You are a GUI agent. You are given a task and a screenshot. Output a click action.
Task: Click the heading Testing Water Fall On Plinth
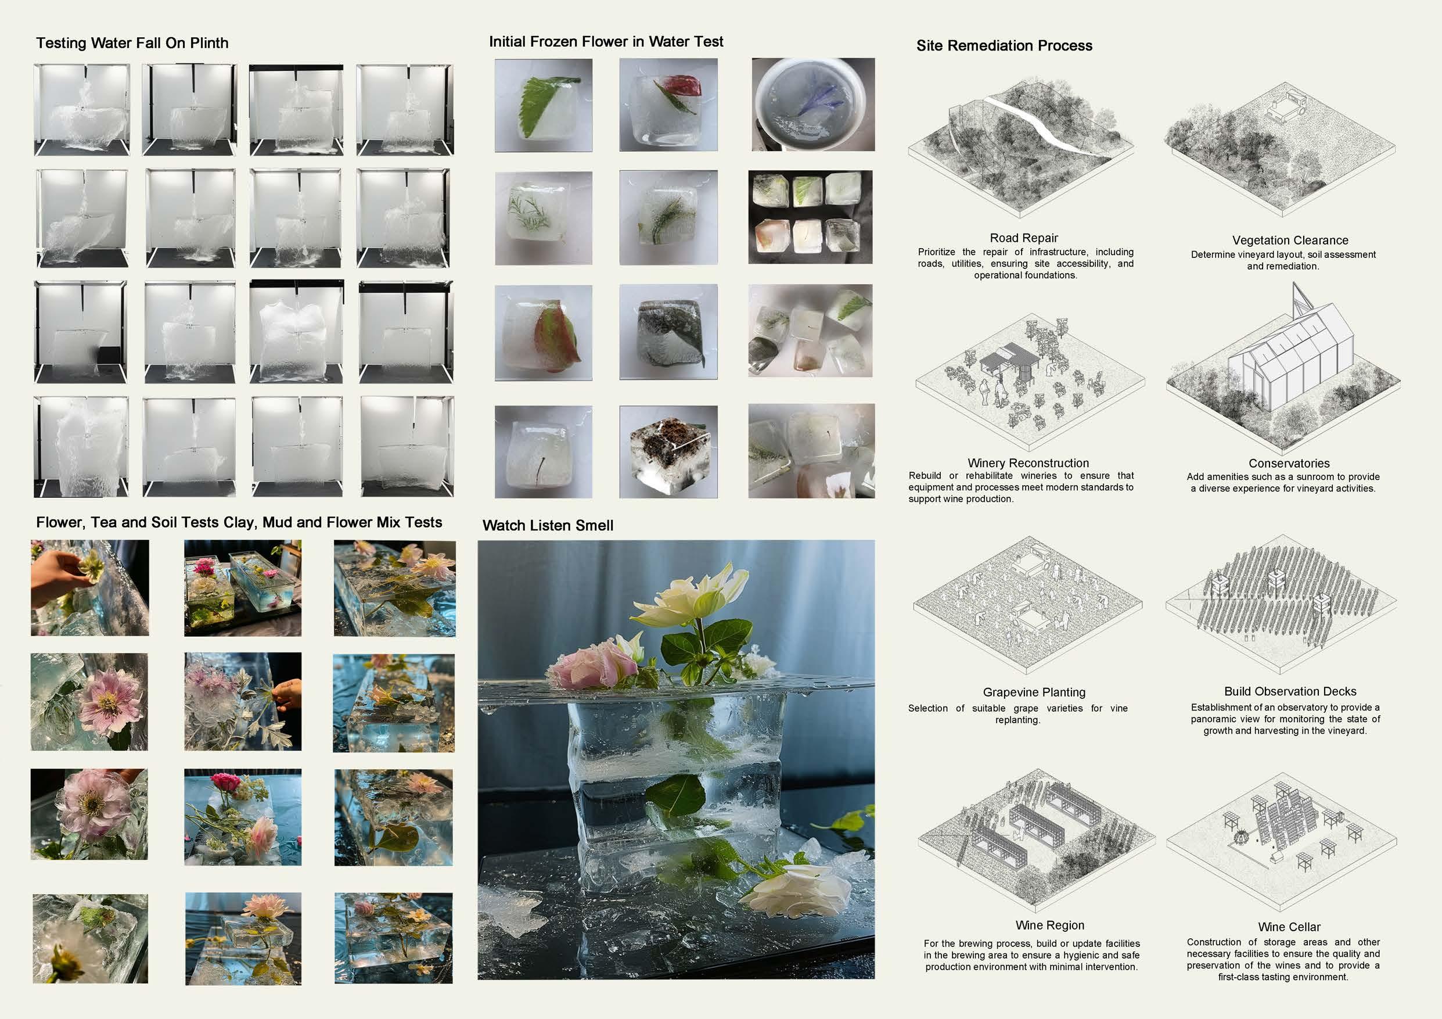coord(132,44)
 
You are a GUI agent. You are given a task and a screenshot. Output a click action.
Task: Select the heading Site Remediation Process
coord(1004,46)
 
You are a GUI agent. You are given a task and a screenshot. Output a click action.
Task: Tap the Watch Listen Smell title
coord(548,526)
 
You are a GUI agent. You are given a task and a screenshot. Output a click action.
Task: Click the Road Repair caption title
coord(1024,238)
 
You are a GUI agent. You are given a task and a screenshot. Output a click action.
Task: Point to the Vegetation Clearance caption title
coord(1290,241)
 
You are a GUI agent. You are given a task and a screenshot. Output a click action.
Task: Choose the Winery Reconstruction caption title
coord(1028,463)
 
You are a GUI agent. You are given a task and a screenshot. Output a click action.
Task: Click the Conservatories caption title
coord(1289,464)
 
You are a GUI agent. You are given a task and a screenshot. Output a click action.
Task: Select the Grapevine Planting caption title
coord(1034,693)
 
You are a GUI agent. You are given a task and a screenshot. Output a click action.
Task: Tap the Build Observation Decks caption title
coord(1290,692)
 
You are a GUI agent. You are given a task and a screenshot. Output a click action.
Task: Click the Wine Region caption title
coord(1049,925)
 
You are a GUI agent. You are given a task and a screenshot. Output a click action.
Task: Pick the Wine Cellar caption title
coord(1289,927)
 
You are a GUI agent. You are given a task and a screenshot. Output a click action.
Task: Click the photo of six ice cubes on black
coord(810,217)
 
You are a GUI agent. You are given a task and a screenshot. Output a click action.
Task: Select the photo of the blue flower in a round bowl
coord(812,105)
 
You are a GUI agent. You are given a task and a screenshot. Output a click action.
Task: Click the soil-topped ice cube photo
coord(668,453)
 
